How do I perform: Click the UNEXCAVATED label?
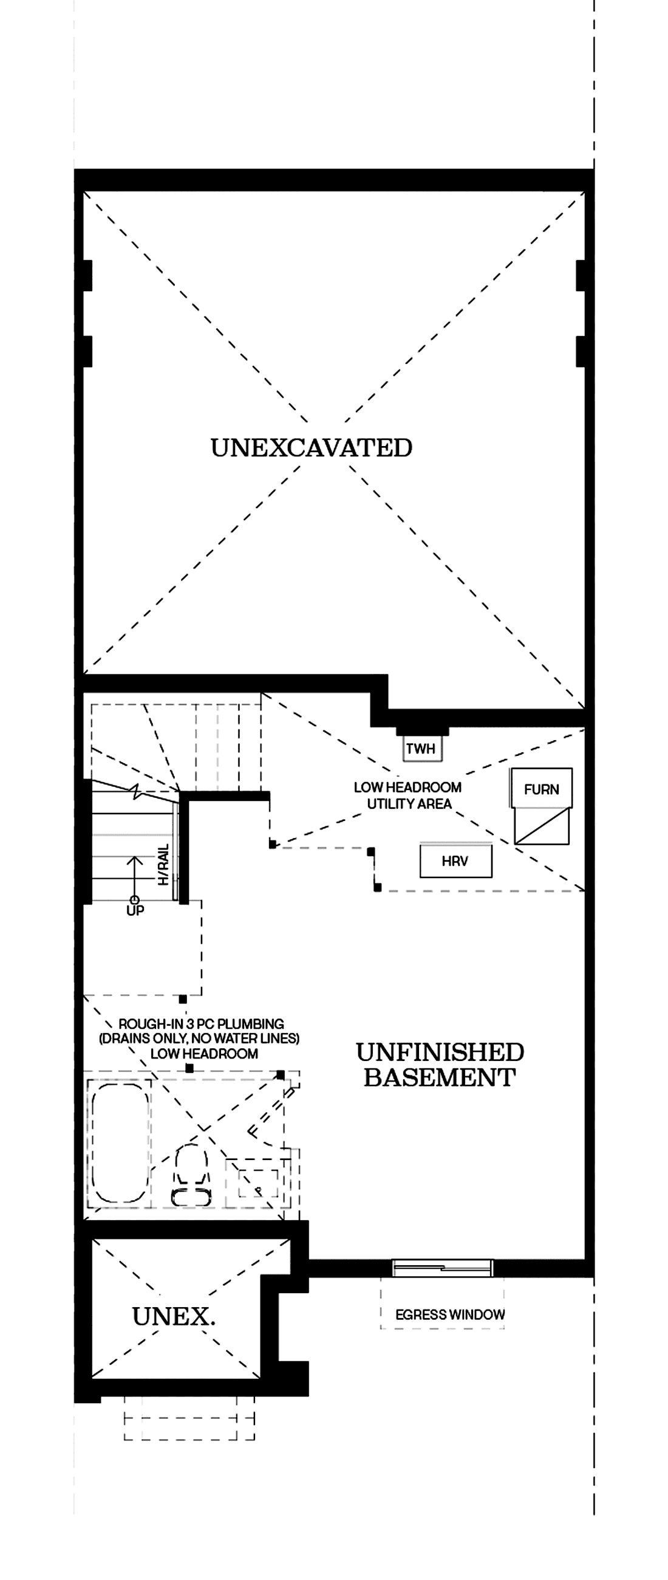click(x=312, y=448)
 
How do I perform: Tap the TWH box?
click(x=421, y=748)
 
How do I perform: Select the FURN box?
click(x=541, y=789)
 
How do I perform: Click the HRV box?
click(x=455, y=861)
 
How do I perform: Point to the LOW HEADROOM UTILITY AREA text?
click(x=408, y=795)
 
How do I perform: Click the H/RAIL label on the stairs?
click(x=163, y=865)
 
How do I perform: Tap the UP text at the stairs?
click(x=135, y=911)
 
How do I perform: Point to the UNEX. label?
click(x=174, y=1316)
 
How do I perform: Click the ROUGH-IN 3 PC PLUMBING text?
click(x=201, y=1024)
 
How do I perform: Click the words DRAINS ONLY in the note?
click(x=143, y=1039)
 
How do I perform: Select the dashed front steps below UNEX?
click(x=189, y=1419)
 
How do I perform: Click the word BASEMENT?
click(x=440, y=1077)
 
